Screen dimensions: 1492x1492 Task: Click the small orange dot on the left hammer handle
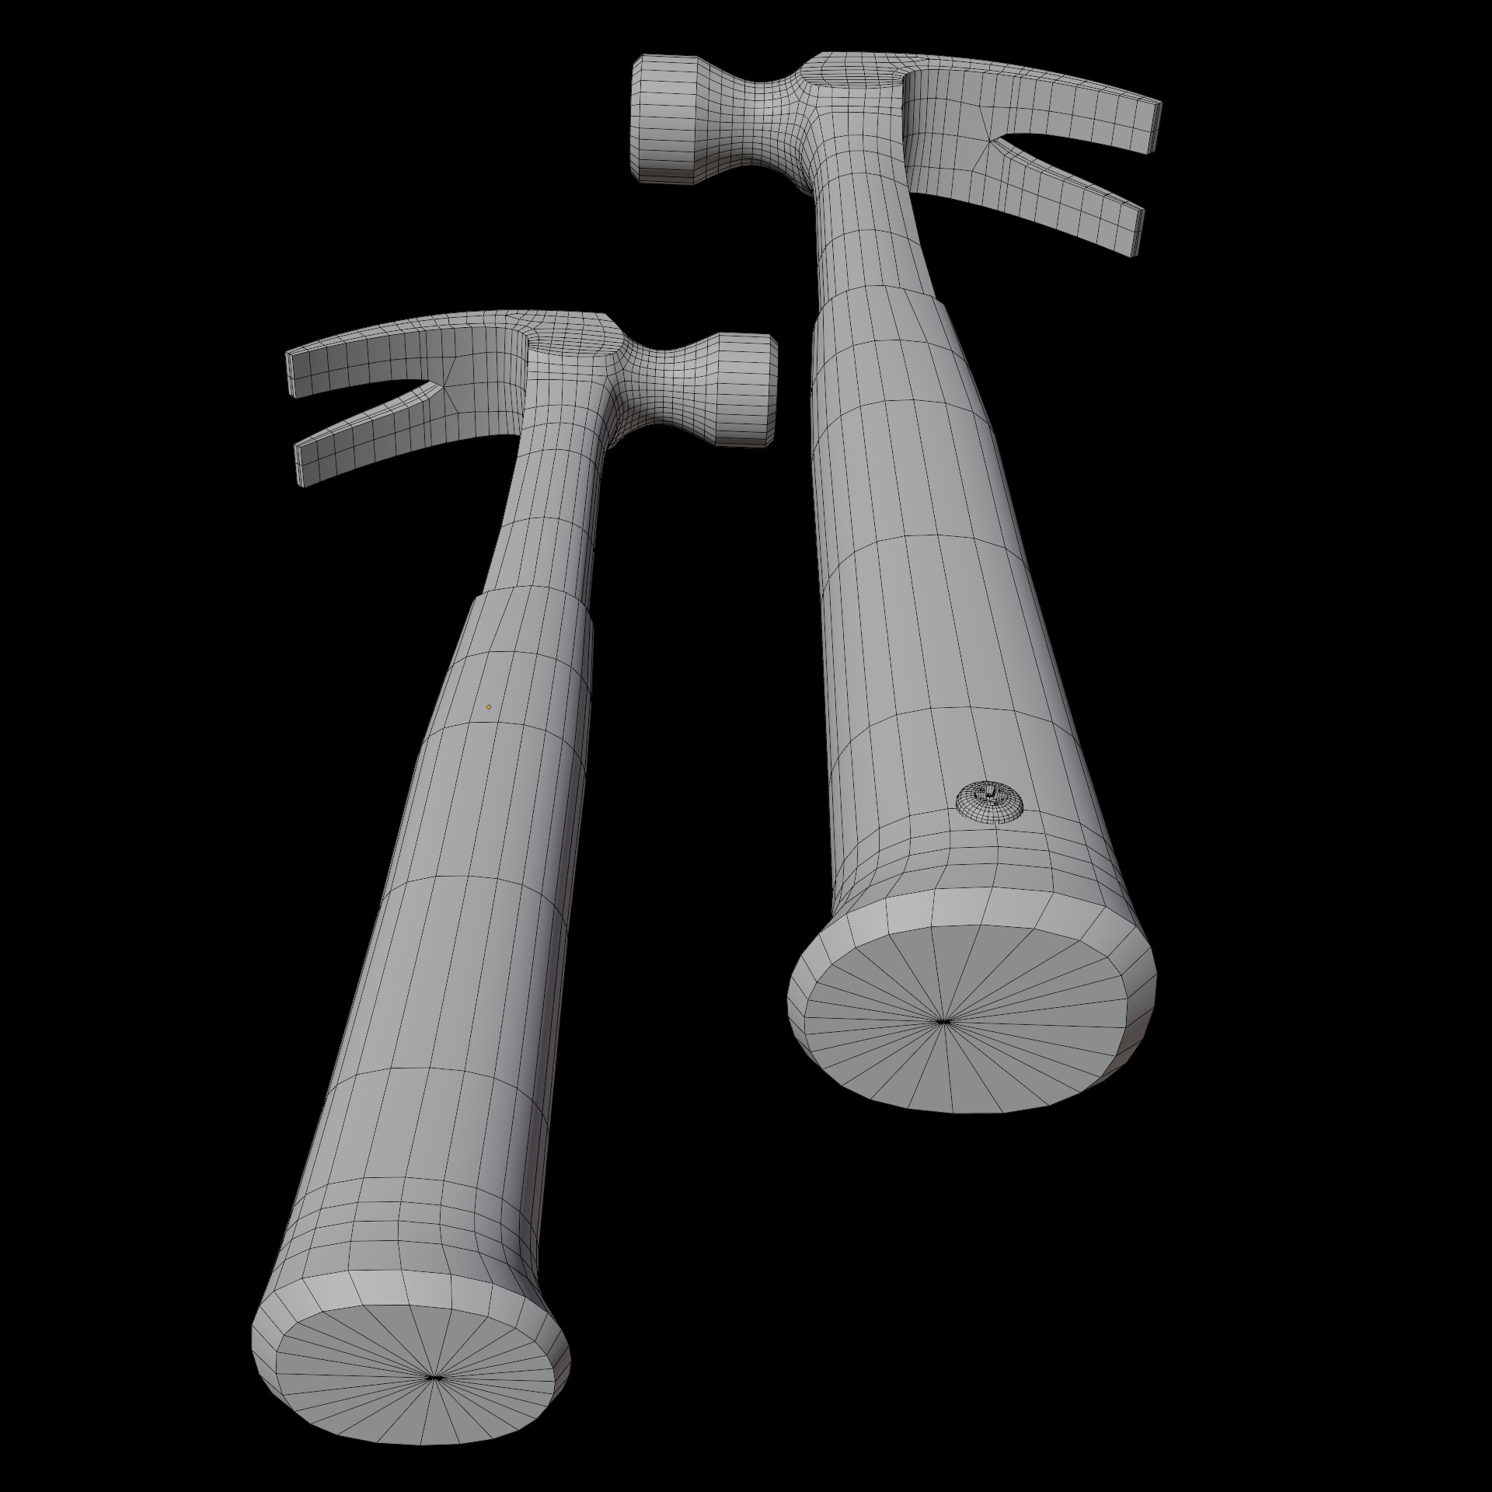click(x=488, y=706)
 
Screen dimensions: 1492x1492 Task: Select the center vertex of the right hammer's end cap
click(x=942, y=1021)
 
